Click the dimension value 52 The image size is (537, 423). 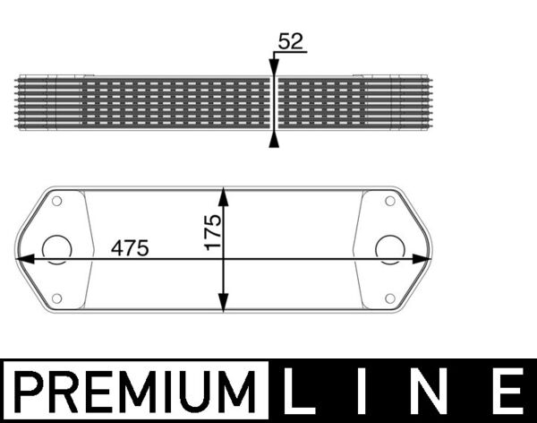[x=290, y=41]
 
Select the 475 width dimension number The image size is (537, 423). [x=130, y=248]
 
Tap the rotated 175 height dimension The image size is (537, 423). [x=212, y=233]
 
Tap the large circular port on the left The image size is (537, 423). [x=57, y=249]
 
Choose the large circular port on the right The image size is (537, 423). [x=389, y=249]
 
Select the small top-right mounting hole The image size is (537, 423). [x=391, y=201]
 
